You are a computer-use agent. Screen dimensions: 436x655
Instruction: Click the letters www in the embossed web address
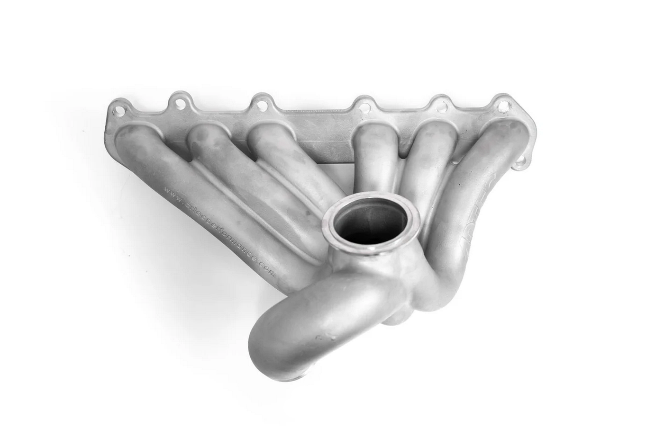coord(172,193)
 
